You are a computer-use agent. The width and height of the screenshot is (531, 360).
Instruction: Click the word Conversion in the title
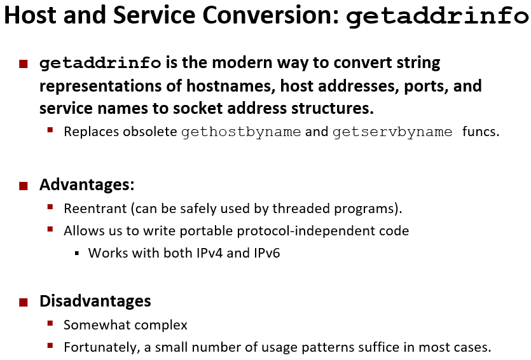[x=270, y=15]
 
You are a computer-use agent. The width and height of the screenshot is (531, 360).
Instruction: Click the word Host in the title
[x=30, y=15]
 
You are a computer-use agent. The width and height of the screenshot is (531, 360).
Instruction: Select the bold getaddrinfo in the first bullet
[x=100, y=64]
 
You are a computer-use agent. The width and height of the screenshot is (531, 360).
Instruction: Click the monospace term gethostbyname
[x=241, y=132]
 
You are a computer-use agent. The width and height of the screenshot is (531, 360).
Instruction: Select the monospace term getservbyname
[x=392, y=132]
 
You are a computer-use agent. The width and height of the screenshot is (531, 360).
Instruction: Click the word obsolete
[x=149, y=132]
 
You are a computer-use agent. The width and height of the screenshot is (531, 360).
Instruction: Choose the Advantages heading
[x=87, y=185]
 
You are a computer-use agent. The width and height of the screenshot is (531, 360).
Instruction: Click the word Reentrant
[x=95, y=209]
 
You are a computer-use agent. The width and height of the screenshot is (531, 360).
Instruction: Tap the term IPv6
[x=267, y=253]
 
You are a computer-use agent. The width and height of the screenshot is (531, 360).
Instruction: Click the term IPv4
[x=210, y=253]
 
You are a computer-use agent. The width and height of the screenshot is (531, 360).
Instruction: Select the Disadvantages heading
[x=95, y=301]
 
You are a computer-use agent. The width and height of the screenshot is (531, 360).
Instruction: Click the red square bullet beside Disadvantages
[x=24, y=302]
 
